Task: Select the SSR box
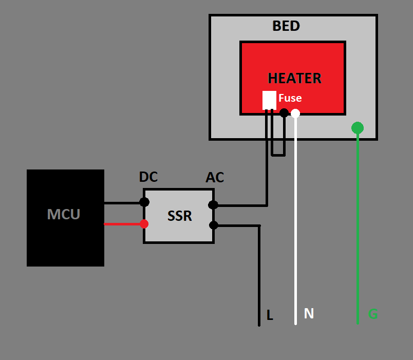tap(179, 216)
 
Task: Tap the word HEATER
tap(294, 78)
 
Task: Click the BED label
tap(286, 26)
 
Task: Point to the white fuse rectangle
tap(269, 100)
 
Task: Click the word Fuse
tap(290, 98)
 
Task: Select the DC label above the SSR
tap(148, 177)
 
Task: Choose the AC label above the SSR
tap(215, 178)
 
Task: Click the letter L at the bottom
tap(270, 315)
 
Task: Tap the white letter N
tap(308, 313)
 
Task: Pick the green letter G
tap(373, 314)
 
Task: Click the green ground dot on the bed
tap(358, 128)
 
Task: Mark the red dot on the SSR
tap(144, 224)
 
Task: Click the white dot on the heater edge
tap(295, 113)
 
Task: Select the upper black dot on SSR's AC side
tap(213, 205)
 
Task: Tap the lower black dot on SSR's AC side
tap(214, 225)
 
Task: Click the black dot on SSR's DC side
tap(144, 202)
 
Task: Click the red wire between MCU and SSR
tap(123, 224)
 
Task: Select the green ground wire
tap(358, 231)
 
